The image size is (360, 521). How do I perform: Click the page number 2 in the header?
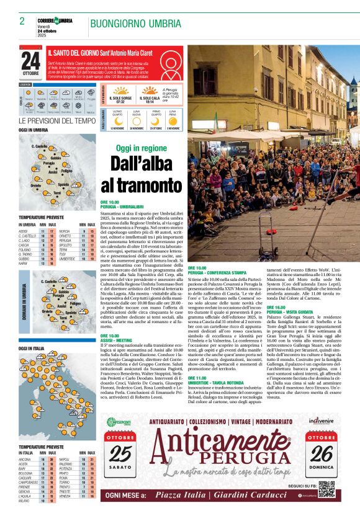22,21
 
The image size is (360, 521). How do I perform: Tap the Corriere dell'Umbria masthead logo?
55,21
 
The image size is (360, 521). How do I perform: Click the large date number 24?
30,61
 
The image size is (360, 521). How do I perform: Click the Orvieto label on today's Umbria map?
36,185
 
